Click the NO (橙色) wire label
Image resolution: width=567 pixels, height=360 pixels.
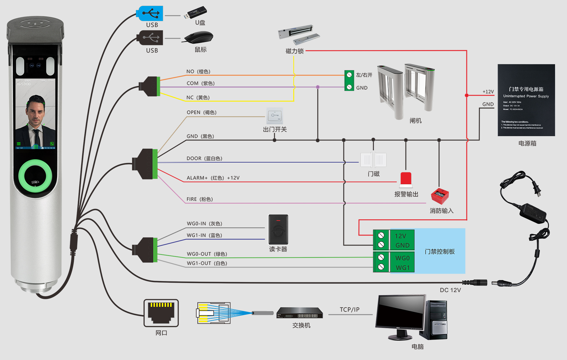[198, 71]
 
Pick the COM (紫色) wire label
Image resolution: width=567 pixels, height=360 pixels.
[200, 83]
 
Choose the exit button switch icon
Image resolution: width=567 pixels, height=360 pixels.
[275, 116]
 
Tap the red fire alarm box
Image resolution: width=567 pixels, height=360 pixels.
[440, 196]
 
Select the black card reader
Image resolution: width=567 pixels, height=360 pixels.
[278, 230]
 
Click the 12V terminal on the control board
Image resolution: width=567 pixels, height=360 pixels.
[400, 236]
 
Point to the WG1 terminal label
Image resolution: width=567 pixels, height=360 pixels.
[402, 268]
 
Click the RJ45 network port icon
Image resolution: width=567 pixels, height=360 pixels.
[161, 313]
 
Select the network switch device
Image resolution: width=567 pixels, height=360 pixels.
[300, 313]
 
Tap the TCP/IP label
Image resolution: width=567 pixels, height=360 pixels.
[350, 310]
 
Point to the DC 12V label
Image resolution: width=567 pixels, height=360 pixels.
[450, 290]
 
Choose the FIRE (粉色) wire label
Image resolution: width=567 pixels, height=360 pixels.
[199, 199]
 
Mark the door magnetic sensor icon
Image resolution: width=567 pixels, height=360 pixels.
[373, 160]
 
